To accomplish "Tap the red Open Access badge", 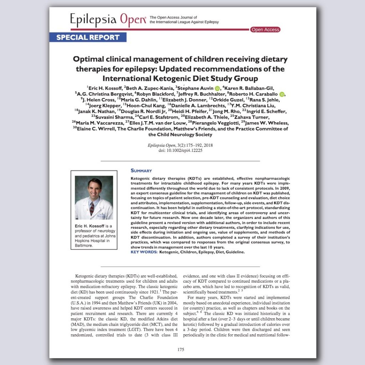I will (265, 30).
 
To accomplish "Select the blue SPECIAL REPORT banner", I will (88, 37).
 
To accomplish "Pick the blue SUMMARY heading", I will (141, 171).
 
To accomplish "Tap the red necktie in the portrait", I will (92, 208).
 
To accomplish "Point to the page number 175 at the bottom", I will (181, 350).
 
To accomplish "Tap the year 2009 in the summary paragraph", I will (283, 187).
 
